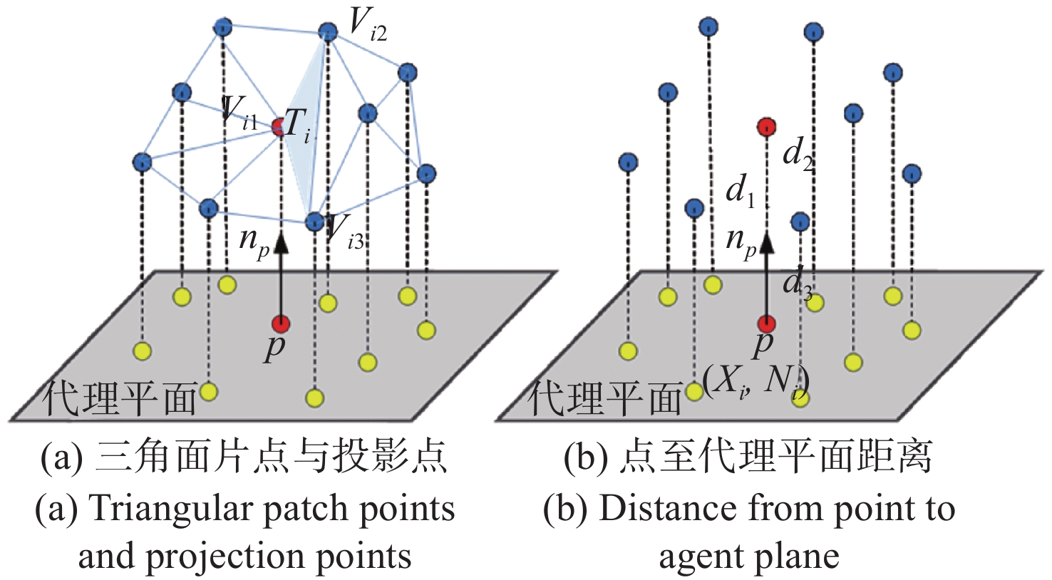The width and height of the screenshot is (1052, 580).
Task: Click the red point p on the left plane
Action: (281, 324)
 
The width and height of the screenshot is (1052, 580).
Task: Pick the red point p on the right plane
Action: (766, 324)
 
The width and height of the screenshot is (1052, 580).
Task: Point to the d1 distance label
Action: (740, 192)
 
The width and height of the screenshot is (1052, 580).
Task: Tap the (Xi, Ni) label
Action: (756, 383)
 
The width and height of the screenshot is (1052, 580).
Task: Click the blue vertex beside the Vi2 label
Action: (327, 31)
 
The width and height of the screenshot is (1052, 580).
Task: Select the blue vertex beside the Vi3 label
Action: (314, 222)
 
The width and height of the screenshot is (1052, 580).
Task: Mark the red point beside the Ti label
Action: (279, 128)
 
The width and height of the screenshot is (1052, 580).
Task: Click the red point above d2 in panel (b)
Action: (766, 128)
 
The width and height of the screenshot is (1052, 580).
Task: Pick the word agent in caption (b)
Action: (696, 557)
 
